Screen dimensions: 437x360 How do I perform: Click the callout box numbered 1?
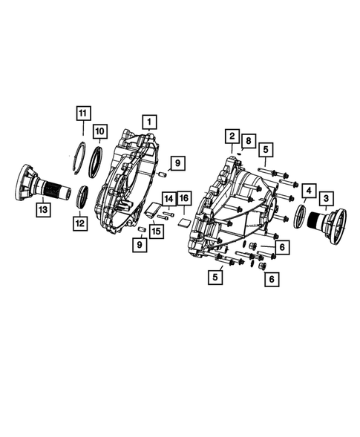coord(149,121)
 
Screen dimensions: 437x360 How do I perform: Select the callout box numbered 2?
coord(232,137)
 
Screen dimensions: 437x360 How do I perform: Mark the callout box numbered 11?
coord(84,114)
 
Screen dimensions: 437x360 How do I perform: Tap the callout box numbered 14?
coord(169,199)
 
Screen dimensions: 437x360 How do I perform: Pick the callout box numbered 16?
coord(183,199)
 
